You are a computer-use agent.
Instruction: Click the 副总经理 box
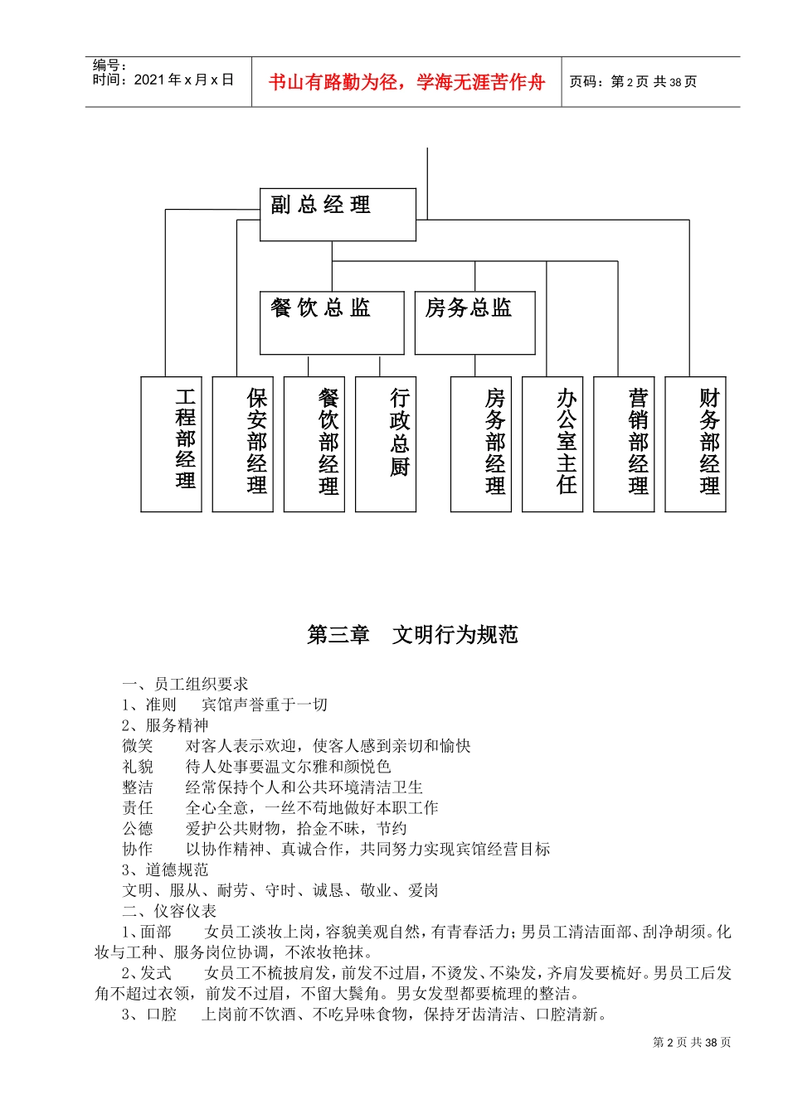pyautogui.click(x=338, y=215)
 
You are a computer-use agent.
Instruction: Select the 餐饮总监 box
pyautogui.click(x=332, y=322)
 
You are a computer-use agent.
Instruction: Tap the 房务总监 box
pyautogui.click(x=474, y=322)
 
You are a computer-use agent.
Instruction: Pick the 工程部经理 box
pyautogui.click(x=172, y=443)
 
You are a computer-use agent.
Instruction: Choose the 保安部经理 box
pyautogui.click(x=243, y=443)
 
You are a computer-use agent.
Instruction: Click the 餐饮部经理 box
pyautogui.click(x=314, y=443)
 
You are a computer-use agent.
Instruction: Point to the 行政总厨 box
pyautogui.click(x=386, y=443)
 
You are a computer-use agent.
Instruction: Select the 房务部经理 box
pyautogui.click(x=481, y=443)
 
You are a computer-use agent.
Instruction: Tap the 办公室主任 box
pyautogui.click(x=552, y=443)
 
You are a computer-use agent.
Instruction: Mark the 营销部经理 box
pyautogui.click(x=624, y=443)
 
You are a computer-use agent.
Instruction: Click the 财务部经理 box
pyautogui.click(x=695, y=443)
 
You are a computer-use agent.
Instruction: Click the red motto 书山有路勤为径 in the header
pyautogui.click(x=406, y=82)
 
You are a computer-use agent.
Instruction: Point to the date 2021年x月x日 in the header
pyautogui.click(x=183, y=80)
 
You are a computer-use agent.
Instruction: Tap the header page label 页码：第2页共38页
pyautogui.click(x=633, y=82)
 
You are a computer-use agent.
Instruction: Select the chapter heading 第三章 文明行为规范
pyautogui.click(x=412, y=635)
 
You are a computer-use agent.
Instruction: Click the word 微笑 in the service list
pyautogui.click(x=138, y=746)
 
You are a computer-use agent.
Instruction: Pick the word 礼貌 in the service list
pyautogui.click(x=138, y=767)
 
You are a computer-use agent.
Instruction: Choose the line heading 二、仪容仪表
pyautogui.click(x=169, y=911)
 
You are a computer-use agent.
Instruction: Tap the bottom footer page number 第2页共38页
pyautogui.click(x=692, y=1043)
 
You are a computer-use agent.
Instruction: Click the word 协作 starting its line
pyautogui.click(x=138, y=849)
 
